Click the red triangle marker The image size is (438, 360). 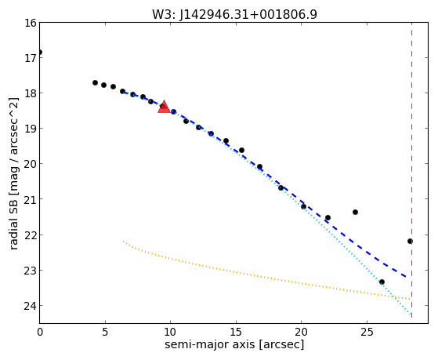click(x=164, y=107)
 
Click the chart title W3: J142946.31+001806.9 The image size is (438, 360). click(x=234, y=14)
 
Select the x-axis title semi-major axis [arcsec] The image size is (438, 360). click(x=234, y=344)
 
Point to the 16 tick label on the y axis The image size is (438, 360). click(x=31, y=23)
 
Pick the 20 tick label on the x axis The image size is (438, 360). click(x=301, y=332)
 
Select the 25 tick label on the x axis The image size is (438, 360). click(x=367, y=332)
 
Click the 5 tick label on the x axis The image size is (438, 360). click(x=105, y=332)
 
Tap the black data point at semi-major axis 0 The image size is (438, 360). click(x=40, y=53)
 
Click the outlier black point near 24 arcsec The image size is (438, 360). click(x=355, y=212)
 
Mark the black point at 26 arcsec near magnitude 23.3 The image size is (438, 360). click(x=382, y=282)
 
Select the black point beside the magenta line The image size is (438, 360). click(x=410, y=241)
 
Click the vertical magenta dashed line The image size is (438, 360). click(x=411, y=170)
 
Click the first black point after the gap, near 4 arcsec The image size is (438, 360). click(x=95, y=82)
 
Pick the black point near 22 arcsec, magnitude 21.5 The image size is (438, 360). click(x=328, y=217)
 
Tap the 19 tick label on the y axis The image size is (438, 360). click(x=31, y=129)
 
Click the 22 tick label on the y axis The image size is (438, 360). click(x=31, y=235)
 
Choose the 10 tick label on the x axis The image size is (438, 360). click(x=170, y=332)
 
